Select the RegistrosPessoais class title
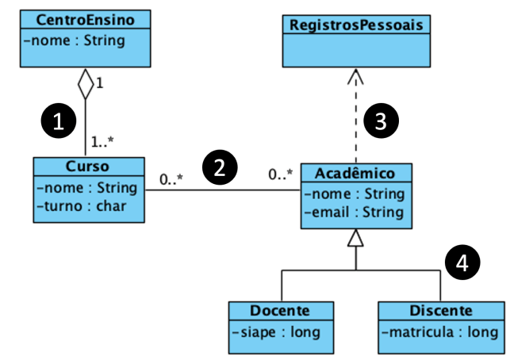(357, 25)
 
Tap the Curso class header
(89, 166)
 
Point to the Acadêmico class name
(356, 174)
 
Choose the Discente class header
(441, 310)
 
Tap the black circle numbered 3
(380, 121)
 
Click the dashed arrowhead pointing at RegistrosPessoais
(356, 77)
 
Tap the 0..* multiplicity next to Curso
(171, 179)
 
